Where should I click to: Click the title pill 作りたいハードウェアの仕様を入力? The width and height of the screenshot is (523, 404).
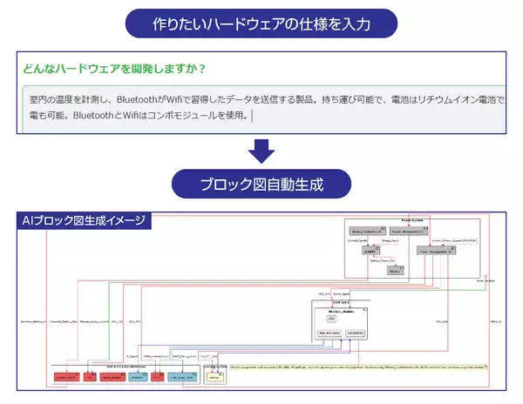pyautogui.click(x=261, y=23)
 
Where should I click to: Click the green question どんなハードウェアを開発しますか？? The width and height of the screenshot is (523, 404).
pyautogui.click(x=112, y=68)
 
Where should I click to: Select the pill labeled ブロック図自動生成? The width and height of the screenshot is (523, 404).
pyautogui.click(x=261, y=184)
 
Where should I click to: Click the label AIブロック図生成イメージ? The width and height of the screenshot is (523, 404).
pyautogui.click(x=85, y=219)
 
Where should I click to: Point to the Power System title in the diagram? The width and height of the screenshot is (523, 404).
pyautogui.click(x=411, y=221)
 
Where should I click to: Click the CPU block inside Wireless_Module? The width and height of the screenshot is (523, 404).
pyautogui.click(x=331, y=319)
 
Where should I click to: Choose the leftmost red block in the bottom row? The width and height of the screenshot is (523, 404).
pyautogui.click(x=65, y=377)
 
